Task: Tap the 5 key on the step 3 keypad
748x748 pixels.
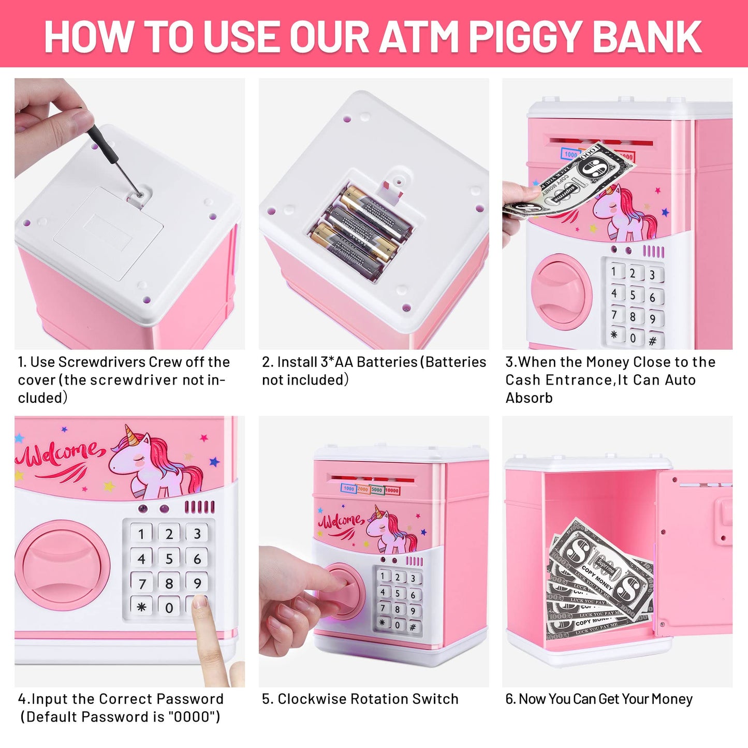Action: pyautogui.click(x=633, y=295)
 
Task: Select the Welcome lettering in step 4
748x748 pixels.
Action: pyautogui.click(x=60, y=456)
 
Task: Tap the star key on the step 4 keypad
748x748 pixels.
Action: pyautogui.click(x=141, y=607)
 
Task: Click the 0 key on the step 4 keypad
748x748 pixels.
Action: pyautogui.click(x=169, y=607)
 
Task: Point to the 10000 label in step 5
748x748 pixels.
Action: pyautogui.click(x=392, y=490)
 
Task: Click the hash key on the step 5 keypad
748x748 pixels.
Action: pyautogui.click(x=413, y=627)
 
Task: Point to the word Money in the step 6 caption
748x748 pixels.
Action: pyautogui.click(x=672, y=699)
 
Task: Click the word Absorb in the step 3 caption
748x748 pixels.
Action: pyautogui.click(x=529, y=398)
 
